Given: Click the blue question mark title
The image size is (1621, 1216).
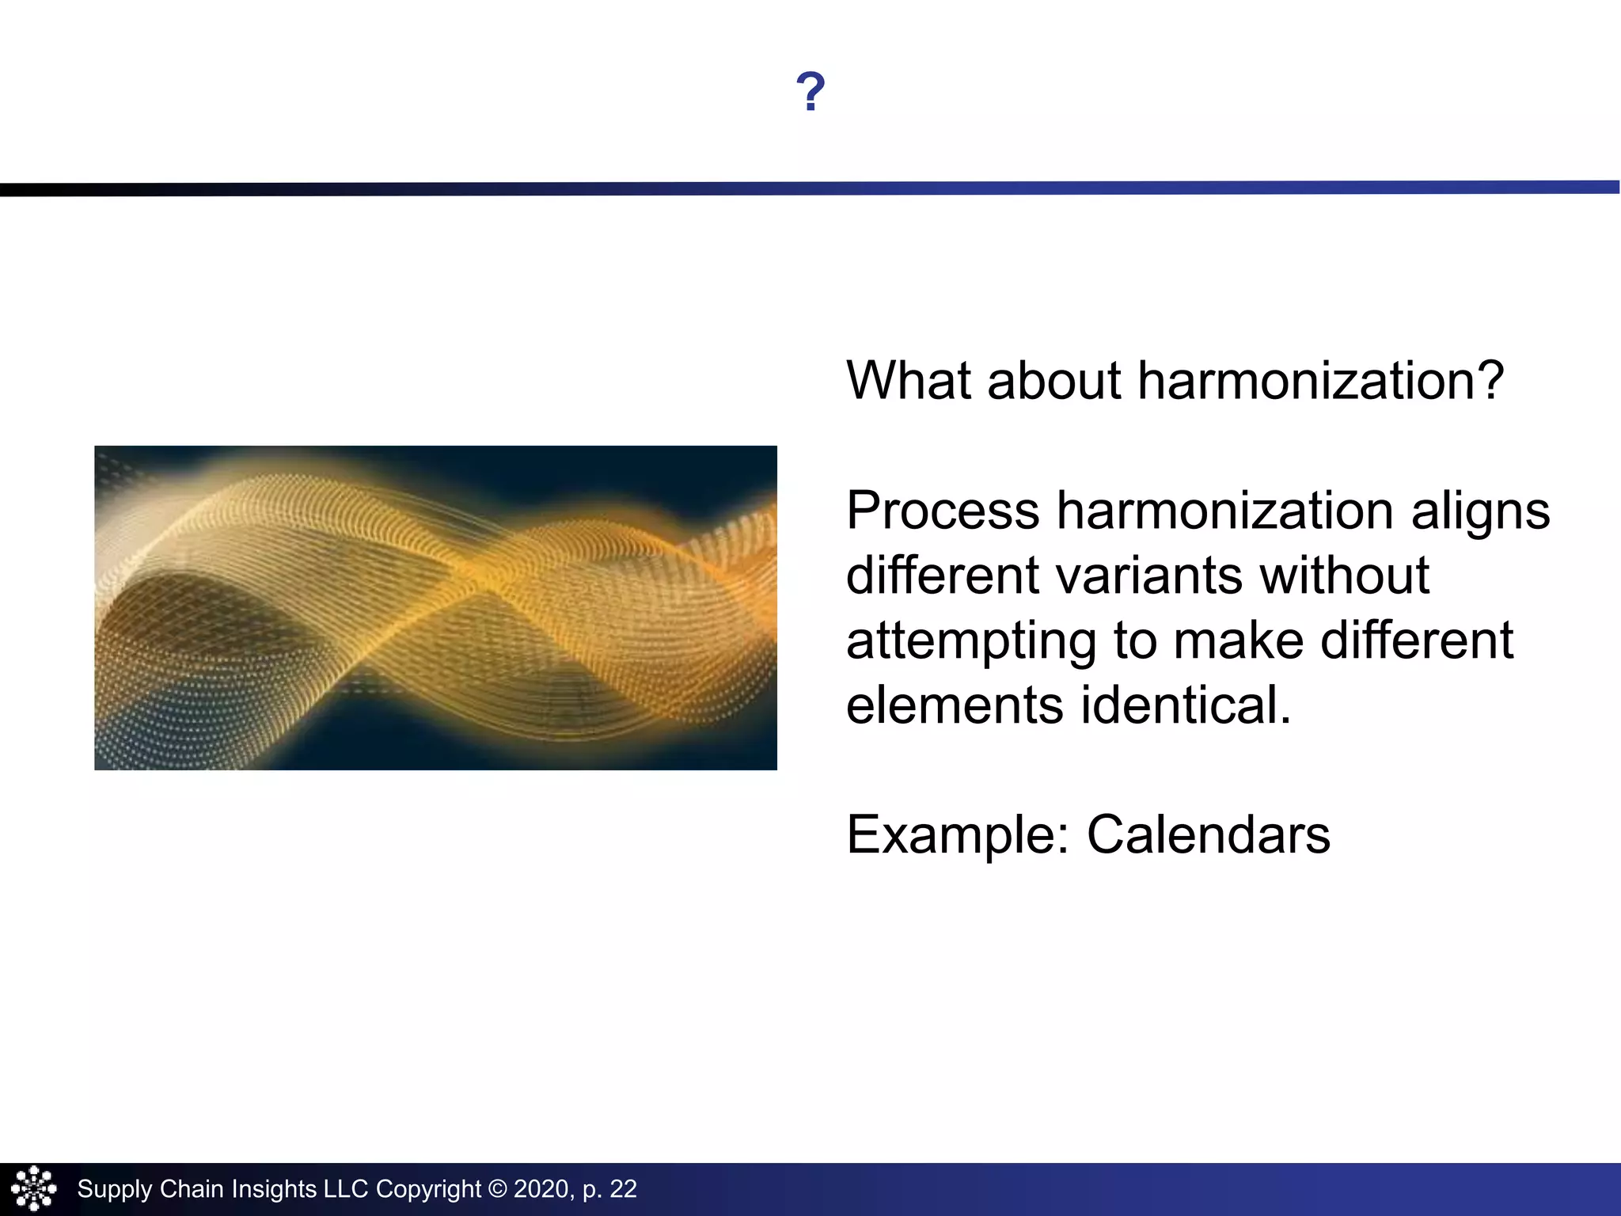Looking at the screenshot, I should click(810, 92).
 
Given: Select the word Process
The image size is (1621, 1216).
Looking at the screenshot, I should click(943, 511).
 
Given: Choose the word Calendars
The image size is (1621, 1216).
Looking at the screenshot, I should click(1209, 835).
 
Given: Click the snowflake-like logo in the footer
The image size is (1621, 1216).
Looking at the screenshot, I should click(33, 1188).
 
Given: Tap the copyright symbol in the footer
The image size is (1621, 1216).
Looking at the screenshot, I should click(497, 1189).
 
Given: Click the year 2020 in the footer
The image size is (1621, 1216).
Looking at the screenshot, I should click(541, 1189).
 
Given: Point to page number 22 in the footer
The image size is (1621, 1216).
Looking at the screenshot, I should click(623, 1189).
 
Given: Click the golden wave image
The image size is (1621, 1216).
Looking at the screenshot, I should click(435, 608).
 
